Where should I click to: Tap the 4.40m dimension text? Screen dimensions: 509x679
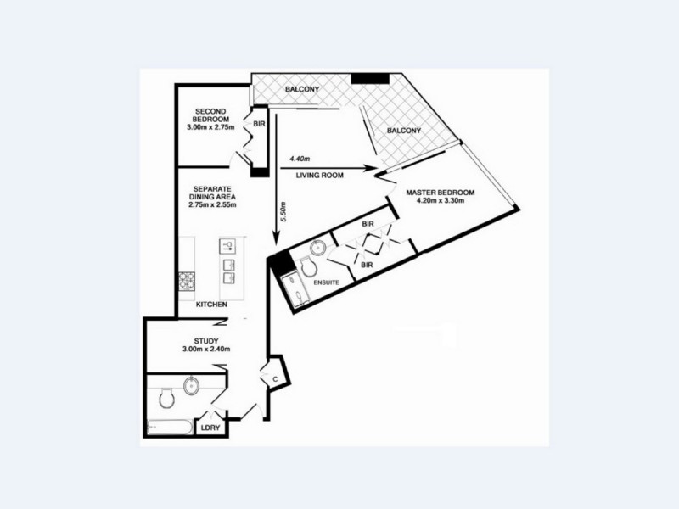point(300,159)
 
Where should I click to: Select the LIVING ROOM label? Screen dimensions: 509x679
point(319,176)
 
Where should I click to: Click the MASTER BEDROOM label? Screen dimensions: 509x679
point(440,198)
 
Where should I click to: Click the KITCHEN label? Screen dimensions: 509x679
point(210,305)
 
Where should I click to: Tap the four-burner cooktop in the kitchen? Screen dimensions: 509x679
point(185,280)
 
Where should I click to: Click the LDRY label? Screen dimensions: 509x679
point(210,428)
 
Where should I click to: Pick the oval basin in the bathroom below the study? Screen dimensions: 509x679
point(192,386)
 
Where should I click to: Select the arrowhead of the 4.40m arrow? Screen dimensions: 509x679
point(370,168)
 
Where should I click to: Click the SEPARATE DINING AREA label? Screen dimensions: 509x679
point(214,196)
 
